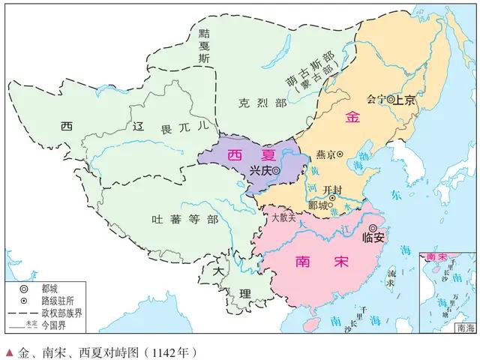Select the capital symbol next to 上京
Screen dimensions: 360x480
click(391, 98)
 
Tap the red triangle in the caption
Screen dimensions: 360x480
click(8, 350)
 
